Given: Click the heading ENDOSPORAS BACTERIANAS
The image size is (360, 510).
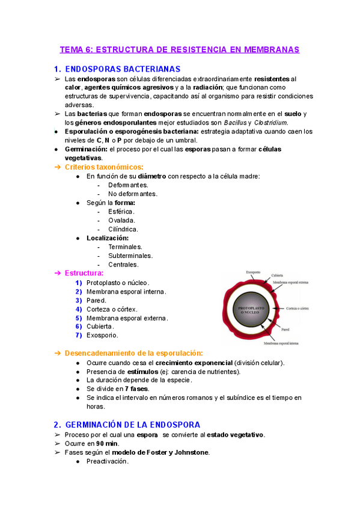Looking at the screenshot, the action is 123,69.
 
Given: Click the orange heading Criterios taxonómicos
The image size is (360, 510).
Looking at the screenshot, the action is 104,167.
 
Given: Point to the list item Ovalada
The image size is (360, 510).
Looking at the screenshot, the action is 121,220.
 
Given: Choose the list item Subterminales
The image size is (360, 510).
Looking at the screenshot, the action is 130,255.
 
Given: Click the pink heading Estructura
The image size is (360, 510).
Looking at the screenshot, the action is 84,273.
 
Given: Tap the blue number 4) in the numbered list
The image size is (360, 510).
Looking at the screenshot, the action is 79,309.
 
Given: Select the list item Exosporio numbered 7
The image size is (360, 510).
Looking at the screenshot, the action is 102,335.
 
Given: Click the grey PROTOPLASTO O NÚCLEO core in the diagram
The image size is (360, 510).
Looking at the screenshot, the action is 248,309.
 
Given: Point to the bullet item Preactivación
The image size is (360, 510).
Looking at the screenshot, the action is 108,461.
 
